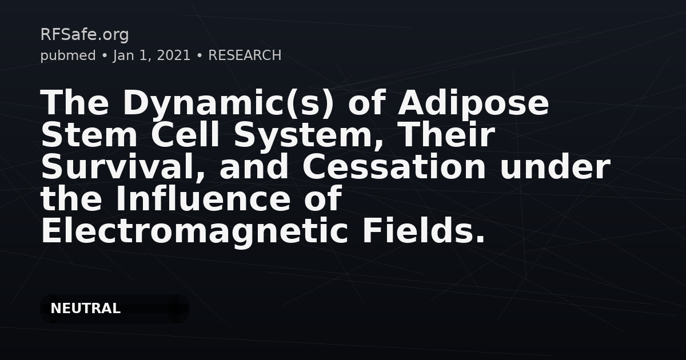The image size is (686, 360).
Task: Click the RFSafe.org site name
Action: [x=85, y=35]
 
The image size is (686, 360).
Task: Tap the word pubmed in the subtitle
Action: [x=68, y=56]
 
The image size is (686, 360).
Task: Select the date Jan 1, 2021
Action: [x=152, y=56]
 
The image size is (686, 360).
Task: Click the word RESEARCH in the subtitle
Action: [x=245, y=55]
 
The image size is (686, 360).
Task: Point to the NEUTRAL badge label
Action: [x=85, y=308]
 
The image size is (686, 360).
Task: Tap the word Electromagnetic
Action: [x=194, y=232]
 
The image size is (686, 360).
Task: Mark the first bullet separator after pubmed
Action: [x=105, y=56]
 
